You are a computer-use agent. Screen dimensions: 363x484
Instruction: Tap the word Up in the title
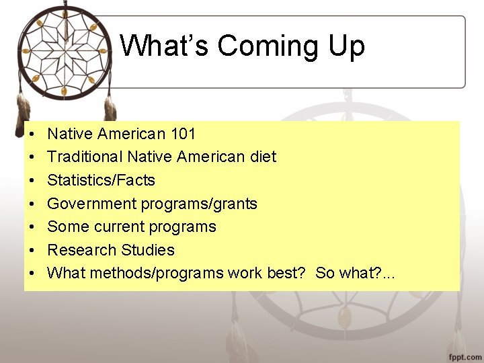pyautogui.click(x=345, y=46)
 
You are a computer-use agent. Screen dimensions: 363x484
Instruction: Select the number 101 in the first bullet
pyautogui.click(x=184, y=134)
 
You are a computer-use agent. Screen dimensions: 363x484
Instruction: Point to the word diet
pyautogui.click(x=261, y=157)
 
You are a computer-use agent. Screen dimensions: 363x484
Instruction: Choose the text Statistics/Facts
pyautogui.click(x=102, y=180)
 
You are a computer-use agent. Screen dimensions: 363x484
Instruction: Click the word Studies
pyautogui.click(x=148, y=250)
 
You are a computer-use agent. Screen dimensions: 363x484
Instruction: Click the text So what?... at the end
pyautogui.click(x=356, y=273)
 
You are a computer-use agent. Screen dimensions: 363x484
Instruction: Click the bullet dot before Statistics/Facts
pyautogui.click(x=32, y=181)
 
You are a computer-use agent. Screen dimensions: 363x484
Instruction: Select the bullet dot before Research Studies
pyautogui.click(x=32, y=251)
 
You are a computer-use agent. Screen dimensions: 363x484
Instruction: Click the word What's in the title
pyautogui.click(x=165, y=46)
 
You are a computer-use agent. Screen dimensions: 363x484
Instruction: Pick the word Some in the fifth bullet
pyautogui.click(x=69, y=227)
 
